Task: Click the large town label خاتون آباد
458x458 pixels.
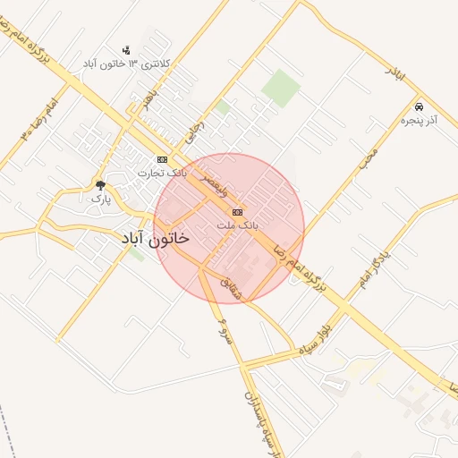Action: pos(155,241)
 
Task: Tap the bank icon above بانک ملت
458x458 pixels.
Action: pos(237,212)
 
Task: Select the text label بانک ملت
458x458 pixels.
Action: pos(238,226)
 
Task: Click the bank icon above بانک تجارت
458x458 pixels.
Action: pos(162,158)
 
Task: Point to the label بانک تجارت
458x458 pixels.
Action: pos(163,173)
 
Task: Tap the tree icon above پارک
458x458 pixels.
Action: pos(99,185)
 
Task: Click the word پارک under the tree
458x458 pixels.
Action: pos(100,199)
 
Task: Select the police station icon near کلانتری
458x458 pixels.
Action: pos(125,50)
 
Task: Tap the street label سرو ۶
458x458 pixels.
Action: pos(221,330)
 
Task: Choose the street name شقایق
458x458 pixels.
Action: pos(230,285)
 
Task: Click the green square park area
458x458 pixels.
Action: pos(281,88)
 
